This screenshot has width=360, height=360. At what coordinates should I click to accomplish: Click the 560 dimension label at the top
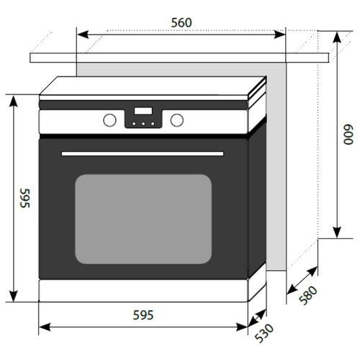pyautogui.click(x=181, y=23)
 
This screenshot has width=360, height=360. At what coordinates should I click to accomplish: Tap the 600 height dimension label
pyautogui.click(x=348, y=135)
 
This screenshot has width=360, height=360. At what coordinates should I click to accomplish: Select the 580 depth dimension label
pyautogui.click(x=308, y=295)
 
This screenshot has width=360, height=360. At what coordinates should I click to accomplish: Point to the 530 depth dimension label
pyautogui.click(x=264, y=333)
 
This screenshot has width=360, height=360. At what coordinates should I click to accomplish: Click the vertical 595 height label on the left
pyautogui.click(x=25, y=198)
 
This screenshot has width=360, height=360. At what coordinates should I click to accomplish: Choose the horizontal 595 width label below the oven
pyautogui.click(x=143, y=315)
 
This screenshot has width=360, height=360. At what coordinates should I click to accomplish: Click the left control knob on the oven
pyautogui.click(x=109, y=120)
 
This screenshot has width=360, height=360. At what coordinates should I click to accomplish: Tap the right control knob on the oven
pyautogui.click(x=177, y=120)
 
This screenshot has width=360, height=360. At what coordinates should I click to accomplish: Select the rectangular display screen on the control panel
pyautogui.click(x=143, y=111)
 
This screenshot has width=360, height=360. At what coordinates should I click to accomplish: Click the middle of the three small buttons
pyautogui.click(x=143, y=124)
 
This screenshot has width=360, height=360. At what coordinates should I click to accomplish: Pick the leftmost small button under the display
pyautogui.click(x=134, y=124)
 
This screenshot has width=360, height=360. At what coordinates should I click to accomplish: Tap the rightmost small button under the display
pyautogui.click(x=153, y=124)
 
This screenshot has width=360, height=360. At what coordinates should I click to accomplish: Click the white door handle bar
pyautogui.click(x=143, y=153)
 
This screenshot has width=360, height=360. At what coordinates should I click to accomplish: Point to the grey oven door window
pyautogui.click(x=143, y=219)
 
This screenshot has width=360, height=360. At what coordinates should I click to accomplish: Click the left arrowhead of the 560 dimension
pyautogui.click(x=83, y=35)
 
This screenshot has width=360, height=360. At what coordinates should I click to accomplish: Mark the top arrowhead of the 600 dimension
pyautogui.click(x=337, y=37)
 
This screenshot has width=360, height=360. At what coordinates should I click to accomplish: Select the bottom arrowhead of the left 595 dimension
pyautogui.click(x=14, y=296)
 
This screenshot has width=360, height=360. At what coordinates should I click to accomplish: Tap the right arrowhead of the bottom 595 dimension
pyautogui.click(x=242, y=327)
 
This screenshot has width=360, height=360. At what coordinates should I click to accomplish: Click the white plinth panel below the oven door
pyautogui.click(x=143, y=290)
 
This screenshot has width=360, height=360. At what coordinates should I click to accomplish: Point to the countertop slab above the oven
pyautogui.click(x=179, y=58)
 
